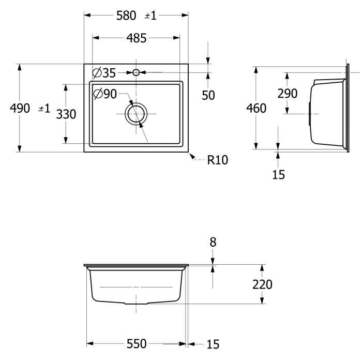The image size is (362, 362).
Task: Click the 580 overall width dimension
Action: tap(126, 16)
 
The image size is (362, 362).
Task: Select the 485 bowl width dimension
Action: tap(136, 38)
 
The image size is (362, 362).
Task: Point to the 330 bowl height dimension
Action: tap(66, 114)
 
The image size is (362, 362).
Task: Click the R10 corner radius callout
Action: tap(217, 160)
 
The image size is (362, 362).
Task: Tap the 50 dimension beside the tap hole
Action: tap(208, 95)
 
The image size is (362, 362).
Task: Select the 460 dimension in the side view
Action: tap(256, 109)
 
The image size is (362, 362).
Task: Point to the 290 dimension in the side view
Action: tap(288, 94)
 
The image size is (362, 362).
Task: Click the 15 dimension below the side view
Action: tap(278, 175)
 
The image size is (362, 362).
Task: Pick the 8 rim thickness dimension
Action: tap(213, 242)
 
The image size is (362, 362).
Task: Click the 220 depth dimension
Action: tap(262, 284)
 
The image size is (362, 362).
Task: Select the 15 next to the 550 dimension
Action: tap(213, 344)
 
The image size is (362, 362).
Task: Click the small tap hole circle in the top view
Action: tap(136, 72)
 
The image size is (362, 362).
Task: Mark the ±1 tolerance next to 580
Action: tap(150, 16)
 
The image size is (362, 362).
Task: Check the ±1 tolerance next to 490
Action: tap(44, 109)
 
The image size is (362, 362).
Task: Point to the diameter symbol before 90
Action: tap(98, 94)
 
